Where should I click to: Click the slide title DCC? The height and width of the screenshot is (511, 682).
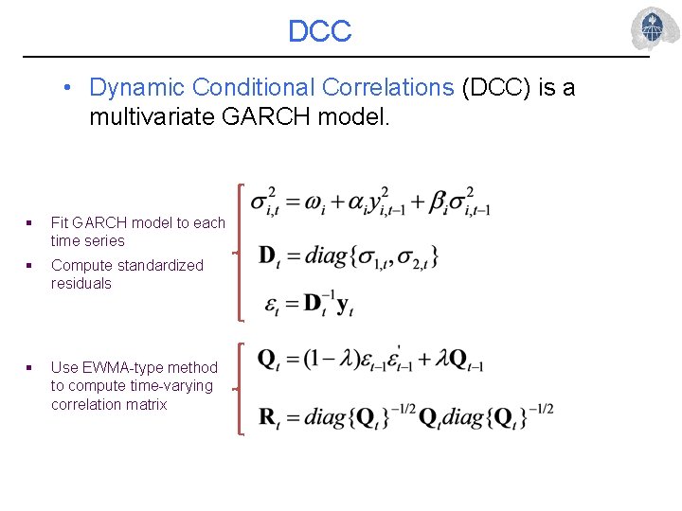click(x=319, y=31)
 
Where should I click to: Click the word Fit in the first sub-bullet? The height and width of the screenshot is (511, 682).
click(x=61, y=222)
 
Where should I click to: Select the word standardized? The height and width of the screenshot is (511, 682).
click(x=160, y=265)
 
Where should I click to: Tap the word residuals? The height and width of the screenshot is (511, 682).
click(x=81, y=283)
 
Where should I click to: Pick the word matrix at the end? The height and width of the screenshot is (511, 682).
click(x=146, y=404)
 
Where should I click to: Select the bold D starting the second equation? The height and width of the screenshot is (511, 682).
click(x=266, y=255)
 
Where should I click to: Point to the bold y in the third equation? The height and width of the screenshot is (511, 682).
click(x=344, y=305)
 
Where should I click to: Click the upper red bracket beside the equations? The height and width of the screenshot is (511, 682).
click(x=242, y=253)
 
